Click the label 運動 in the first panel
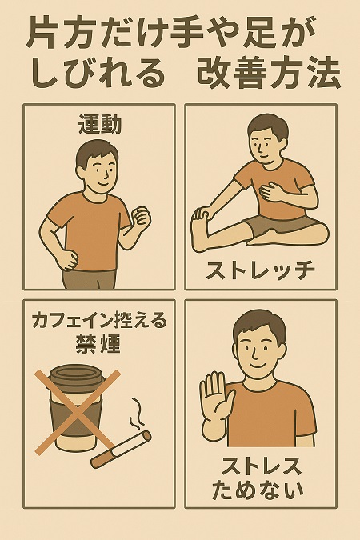pyautogui.click(x=100, y=125)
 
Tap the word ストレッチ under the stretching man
pyautogui.click(x=261, y=270)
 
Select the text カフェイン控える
pyautogui.click(x=99, y=321)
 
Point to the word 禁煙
pyautogui.click(x=98, y=344)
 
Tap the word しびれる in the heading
pyautogui.click(x=98, y=74)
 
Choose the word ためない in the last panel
pyautogui.click(x=258, y=490)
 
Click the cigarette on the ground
pyautogui.click(x=121, y=449)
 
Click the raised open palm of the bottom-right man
pyautogui.click(x=216, y=397)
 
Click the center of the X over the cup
pyautogui.click(x=78, y=412)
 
